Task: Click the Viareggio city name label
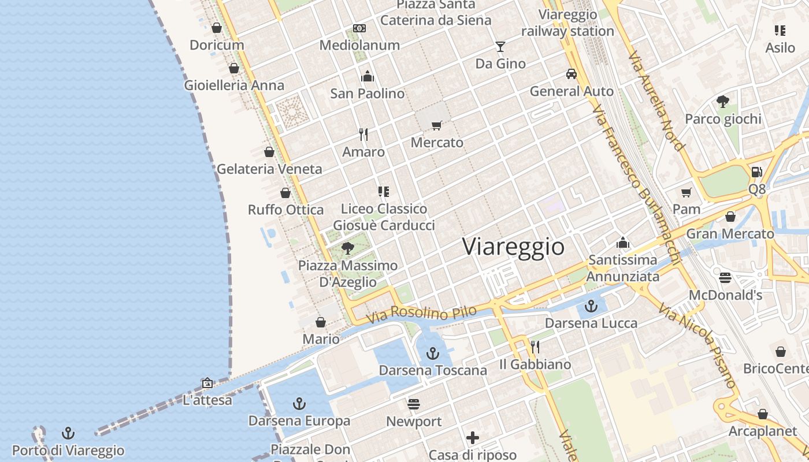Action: pos(513,247)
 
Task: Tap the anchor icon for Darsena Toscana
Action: pos(433,353)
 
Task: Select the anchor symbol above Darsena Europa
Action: pos(299,404)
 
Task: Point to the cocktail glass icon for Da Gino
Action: pos(500,47)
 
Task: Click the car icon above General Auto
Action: pos(572,74)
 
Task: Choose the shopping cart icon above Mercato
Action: pos(437,125)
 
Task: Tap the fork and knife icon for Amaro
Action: pos(363,135)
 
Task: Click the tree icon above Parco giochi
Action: pos(722,102)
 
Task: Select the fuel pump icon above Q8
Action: pos(756,172)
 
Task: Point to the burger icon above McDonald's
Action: pos(725,278)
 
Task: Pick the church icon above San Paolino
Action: pos(368,76)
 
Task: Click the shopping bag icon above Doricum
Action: pos(217,28)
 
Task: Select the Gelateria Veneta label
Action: pos(269,169)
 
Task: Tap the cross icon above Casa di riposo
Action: pos(473,438)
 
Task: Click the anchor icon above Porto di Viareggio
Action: pos(68,433)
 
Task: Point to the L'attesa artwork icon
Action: pos(207,383)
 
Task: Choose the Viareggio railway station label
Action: pos(567,23)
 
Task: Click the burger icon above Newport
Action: pos(414,404)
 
